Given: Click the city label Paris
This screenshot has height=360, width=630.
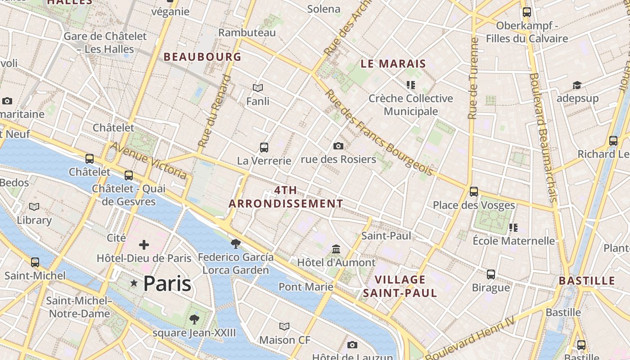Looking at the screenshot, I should click(x=167, y=283).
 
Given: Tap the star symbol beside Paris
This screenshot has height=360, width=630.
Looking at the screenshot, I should click(x=134, y=283).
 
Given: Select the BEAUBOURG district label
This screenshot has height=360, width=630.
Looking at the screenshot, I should click(x=202, y=57).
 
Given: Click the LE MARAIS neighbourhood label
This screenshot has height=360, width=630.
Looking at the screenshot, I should click(x=393, y=64).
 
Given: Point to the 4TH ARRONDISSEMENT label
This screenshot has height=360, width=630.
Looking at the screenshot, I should click(x=286, y=197).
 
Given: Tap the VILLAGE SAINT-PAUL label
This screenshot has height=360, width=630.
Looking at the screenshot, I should click(x=400, y=287).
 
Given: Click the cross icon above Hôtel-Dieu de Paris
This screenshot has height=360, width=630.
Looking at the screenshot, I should click(x=144, y=245).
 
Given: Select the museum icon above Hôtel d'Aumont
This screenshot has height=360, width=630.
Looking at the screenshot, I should click(x=336, y=249).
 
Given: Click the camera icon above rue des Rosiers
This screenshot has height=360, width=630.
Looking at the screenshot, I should click(x=338, y=146).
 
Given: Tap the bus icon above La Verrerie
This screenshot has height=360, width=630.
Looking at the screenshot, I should click(x=264, y=147).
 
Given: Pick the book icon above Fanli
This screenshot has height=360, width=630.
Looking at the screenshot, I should click(x=258, y=88).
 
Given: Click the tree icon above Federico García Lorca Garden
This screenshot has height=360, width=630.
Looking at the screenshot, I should click(x=235, y=244).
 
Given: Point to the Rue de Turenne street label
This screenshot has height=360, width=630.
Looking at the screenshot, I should click(x=473, y=79).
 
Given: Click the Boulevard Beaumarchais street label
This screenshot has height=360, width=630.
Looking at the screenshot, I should click(x=544, y=137).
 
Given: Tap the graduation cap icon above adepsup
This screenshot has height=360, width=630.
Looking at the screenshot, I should click(x=577, y=85).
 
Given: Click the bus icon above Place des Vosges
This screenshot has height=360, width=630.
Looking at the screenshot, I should click(x=474, y=192).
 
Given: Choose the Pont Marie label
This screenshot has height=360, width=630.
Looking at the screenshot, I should click(x=306, y=287).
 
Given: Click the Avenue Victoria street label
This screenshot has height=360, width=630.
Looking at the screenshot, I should click(x=148, y=160).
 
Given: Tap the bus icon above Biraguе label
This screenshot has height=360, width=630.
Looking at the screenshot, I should click(x=491, y=274).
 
